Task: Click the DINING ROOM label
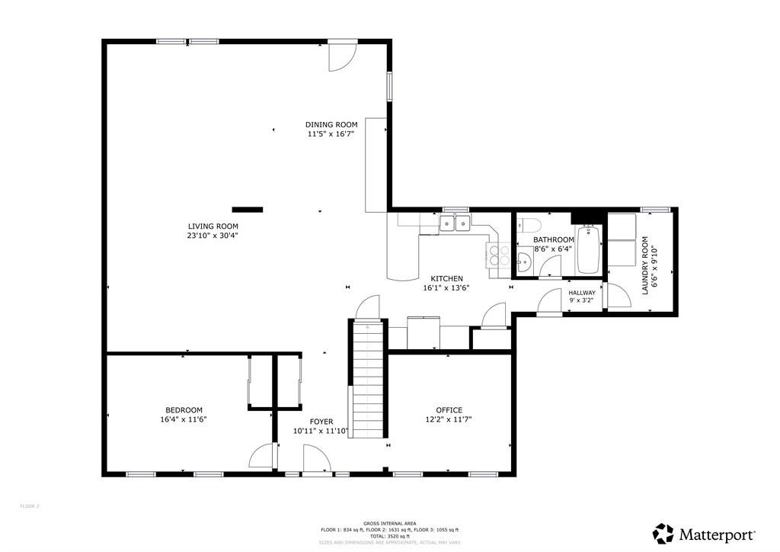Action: (x=331, y=124)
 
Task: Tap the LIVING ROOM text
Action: (x=213, y=226)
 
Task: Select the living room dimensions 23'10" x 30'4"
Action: (x=213, y=236)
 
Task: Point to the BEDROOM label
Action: (x=184, y=409)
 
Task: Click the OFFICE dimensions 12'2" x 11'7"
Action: (x=449, y=419)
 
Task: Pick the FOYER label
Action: (x=321, y=421)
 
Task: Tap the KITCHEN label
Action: (x=446, y=278)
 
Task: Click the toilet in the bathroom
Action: (x=529, y=225)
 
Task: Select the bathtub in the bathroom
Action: (x=588, y=249)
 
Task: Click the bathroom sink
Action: (x=523, y=264)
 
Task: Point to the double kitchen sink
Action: (x=455, y=223)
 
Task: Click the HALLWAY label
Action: (x=582, y=292)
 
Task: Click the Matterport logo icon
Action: (x=663, y=534)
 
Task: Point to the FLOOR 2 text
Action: (x=30, y=505)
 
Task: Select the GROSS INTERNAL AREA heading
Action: (x=389, y=523)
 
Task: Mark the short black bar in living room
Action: (x=247, y=208)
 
